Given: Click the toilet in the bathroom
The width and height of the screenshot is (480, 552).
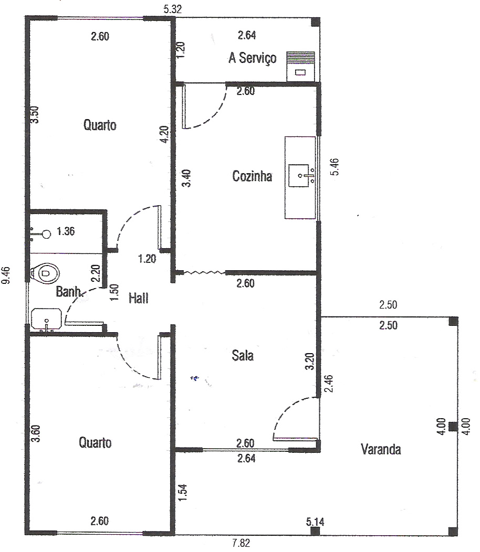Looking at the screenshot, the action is tap(45, 273).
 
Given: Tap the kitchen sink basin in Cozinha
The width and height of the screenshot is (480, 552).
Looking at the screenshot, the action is tap(299, 175).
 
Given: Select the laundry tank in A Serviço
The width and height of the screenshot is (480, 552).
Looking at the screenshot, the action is tap(300, 67).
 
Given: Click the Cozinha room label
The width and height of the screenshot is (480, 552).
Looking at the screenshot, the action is tap(252, 176).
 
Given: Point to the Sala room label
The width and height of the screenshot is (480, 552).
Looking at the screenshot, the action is tap(243, 355).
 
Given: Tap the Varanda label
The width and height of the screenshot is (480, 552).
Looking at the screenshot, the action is tap(381, 449).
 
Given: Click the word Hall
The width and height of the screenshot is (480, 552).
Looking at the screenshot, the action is tap(138, 298).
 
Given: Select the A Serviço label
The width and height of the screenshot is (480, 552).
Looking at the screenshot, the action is tap(252, 58).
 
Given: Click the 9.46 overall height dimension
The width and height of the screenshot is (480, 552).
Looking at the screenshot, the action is tap(6, 275).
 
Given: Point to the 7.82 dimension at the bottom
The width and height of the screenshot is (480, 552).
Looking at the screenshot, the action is tap(241, 543).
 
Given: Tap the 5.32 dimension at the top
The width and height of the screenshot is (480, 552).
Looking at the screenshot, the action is tap(173, 9).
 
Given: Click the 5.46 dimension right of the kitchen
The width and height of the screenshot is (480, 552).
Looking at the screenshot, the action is tap(335, 167).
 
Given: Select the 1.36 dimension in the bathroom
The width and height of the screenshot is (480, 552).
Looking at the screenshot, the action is tap(66, 231).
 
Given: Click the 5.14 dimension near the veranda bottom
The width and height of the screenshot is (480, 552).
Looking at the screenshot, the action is tap(315, 522).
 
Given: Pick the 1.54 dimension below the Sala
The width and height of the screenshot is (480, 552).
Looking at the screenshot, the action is tap(183, 493).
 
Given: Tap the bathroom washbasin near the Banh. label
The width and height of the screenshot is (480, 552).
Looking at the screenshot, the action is tap(46, 319).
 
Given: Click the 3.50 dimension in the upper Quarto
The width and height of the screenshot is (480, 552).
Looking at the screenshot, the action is tap(35, 115).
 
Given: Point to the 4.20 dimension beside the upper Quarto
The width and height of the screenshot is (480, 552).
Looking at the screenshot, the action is tap(164, 134).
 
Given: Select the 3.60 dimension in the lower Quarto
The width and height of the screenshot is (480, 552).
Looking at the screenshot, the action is tap(36, 433).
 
